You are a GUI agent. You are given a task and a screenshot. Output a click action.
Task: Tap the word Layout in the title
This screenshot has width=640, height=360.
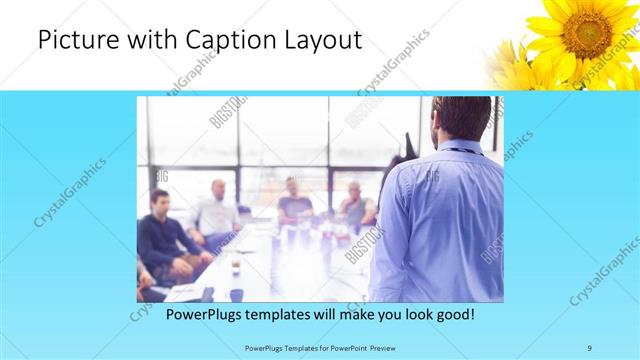[318, 40]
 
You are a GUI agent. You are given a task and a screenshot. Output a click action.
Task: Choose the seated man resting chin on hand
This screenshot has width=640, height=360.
[355, 205]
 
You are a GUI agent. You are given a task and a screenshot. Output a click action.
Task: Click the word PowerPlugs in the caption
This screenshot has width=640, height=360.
[183, 314]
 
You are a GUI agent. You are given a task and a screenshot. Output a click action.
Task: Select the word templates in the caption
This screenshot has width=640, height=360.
[269, 314]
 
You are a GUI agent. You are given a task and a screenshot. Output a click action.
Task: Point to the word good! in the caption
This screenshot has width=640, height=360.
[453, 314]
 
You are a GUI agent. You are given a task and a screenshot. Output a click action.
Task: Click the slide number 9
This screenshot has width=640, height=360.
[590, 347]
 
